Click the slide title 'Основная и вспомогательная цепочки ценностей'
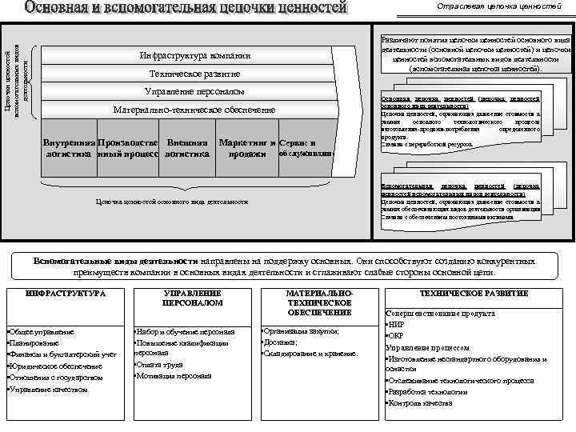(186, 10)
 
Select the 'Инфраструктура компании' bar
(194, 56)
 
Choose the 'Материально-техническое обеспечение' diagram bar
(194, 109)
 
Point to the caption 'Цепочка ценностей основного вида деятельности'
(171, 202)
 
